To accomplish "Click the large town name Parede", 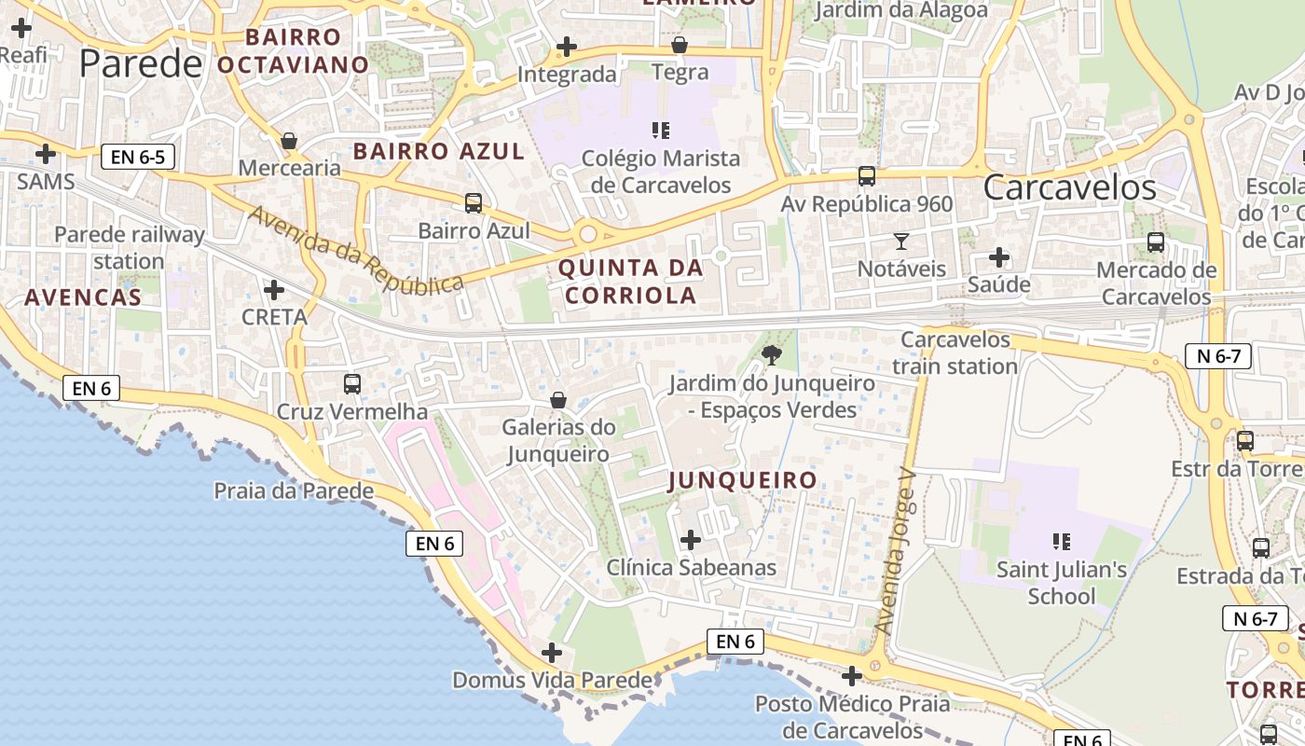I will point(141,63).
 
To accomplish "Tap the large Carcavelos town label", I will point(1069,187).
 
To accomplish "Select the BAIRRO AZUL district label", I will point(439,151).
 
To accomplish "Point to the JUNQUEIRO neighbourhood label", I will point(743,480).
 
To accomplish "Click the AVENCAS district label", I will point(83,297).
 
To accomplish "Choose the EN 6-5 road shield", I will point(138,157).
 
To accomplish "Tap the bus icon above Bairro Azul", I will point(474,202).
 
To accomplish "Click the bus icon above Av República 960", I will point(867,176).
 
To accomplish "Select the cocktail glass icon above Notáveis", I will point(901,242).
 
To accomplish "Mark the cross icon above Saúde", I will point(999,256).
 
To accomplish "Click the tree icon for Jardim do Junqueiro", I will point(771,354).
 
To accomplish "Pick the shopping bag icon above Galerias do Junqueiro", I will point(558,400).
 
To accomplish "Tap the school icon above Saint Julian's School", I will point(1061,541).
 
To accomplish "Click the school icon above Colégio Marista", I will point(661,131).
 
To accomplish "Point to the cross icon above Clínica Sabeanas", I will point(691,540).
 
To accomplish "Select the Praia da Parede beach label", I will point(294,490).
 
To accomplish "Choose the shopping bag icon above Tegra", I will point(680,45).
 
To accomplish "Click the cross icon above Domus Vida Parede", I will point(552,653).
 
